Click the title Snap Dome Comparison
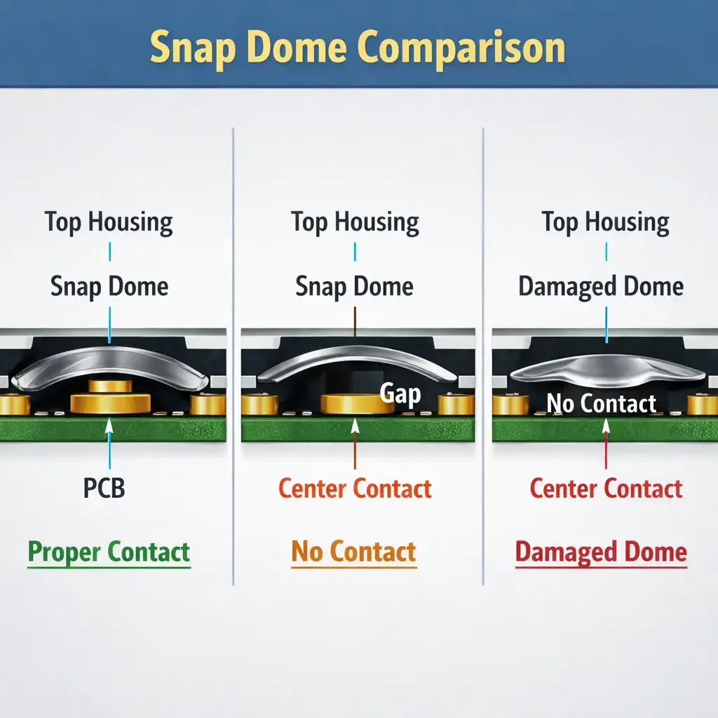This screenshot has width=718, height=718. click(358, 48)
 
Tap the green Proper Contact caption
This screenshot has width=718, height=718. click(109, 552)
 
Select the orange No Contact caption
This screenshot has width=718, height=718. click(354, 552)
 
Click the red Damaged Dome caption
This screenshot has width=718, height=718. click(601, 552)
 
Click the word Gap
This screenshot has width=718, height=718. click(400, 393)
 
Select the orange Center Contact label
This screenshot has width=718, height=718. click(355, 488)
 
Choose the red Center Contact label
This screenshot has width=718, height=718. click(606, 488)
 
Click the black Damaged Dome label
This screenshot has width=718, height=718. click(601, 287)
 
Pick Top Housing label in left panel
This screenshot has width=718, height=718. click(109, 222)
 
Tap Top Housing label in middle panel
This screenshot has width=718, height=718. click(355, 222)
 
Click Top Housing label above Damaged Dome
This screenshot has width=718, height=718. click(605, 222)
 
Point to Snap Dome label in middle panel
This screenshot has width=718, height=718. click(354, 287)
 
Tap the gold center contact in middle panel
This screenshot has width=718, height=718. click(355, 403)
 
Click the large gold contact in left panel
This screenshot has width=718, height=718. click(111, 402)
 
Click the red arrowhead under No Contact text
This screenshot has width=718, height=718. click(605, 424)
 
